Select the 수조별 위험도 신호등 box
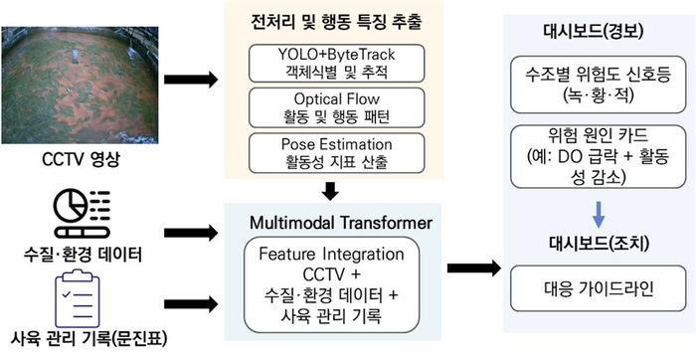click(x=595, y=87)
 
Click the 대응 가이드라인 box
click(x=595, y=290)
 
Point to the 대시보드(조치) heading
click(x=595, y=243)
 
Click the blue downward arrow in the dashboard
click(x=595, y=212)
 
